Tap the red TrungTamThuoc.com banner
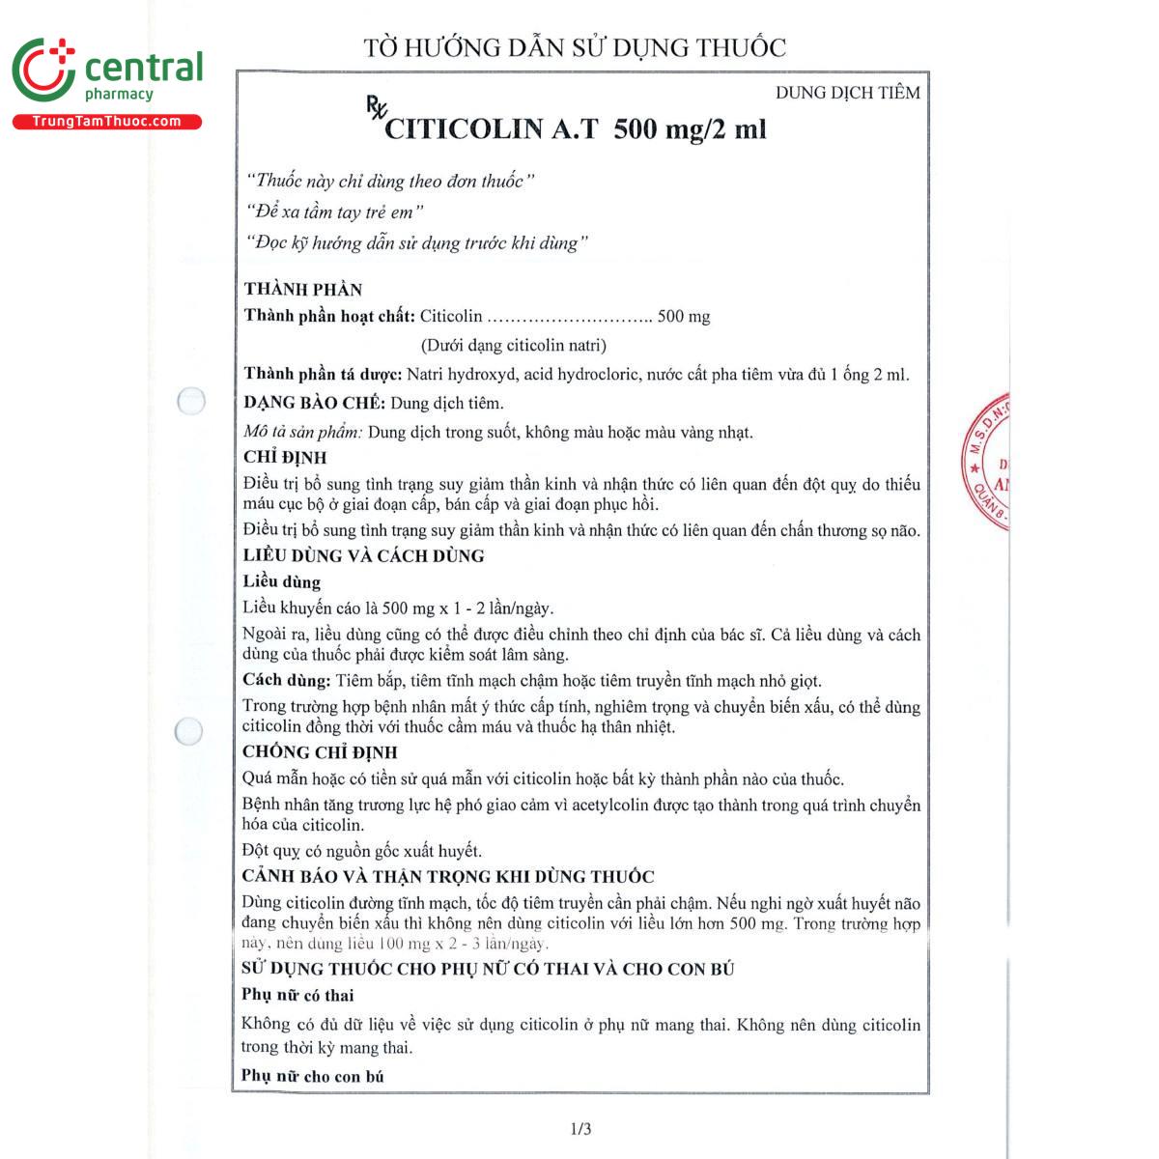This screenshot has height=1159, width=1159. (106, 122)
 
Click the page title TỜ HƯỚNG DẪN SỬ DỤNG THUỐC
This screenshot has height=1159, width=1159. (575, 47)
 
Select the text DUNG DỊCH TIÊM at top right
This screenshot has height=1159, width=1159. (847, 93)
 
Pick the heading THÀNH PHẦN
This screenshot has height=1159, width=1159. (303, 289)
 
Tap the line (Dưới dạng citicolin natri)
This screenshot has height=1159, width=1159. (513, 345)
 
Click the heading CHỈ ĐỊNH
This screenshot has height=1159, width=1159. (285, 458)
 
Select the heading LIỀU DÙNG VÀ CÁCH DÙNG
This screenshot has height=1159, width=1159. (363, 555)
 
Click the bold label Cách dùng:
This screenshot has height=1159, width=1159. (286, 680)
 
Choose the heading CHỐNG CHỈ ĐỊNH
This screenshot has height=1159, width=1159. (320, 752)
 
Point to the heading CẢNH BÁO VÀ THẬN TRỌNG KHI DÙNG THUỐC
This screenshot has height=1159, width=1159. (448, 877)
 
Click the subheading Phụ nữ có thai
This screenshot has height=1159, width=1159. (297, 996)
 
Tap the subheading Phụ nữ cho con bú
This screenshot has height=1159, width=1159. (312, 1076)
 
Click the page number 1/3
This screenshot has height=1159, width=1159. (580, 1128)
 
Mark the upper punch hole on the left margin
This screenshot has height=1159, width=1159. (191, 401)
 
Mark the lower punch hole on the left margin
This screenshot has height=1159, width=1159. (188, 732)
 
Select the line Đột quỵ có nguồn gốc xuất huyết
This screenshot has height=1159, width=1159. (361, 851)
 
